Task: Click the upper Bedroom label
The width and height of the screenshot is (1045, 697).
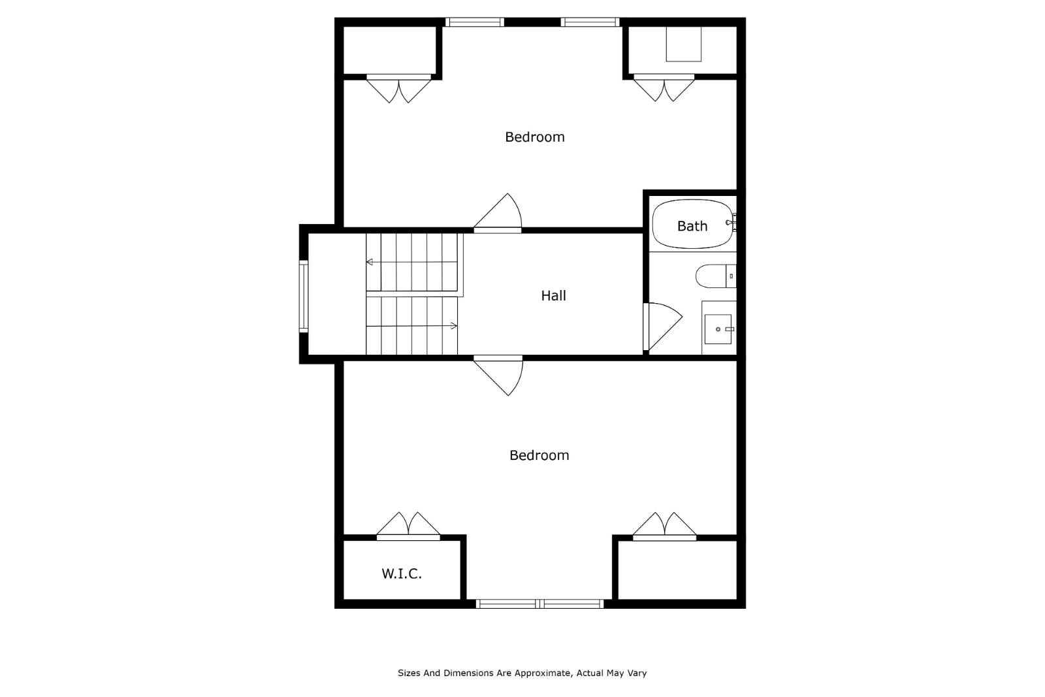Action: click(x=534, y=137)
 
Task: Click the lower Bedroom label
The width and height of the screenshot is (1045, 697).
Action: click(x=539, y=455)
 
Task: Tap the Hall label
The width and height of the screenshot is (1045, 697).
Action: click(x=553, y=296)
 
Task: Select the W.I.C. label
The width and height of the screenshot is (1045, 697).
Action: click(x=402, y=574)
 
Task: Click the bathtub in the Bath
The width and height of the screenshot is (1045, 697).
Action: click(x=692, y=225)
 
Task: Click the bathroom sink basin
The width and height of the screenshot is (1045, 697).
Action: click(x=718, y=329)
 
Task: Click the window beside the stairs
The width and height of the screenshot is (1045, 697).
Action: click(x=304, y=296)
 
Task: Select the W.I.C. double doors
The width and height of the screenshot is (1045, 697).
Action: click(x=408, y=527)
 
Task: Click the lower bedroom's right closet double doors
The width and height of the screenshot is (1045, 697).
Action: click(x=664, y=527)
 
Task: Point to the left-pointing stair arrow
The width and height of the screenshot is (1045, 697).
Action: click(x=370, y=262)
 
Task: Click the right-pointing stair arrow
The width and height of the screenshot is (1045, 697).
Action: click(x=453, y=325)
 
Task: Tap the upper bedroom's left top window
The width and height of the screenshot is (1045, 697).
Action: click(x=475, y=22)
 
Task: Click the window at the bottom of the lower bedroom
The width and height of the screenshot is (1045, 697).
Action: click(x=539, y=604)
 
